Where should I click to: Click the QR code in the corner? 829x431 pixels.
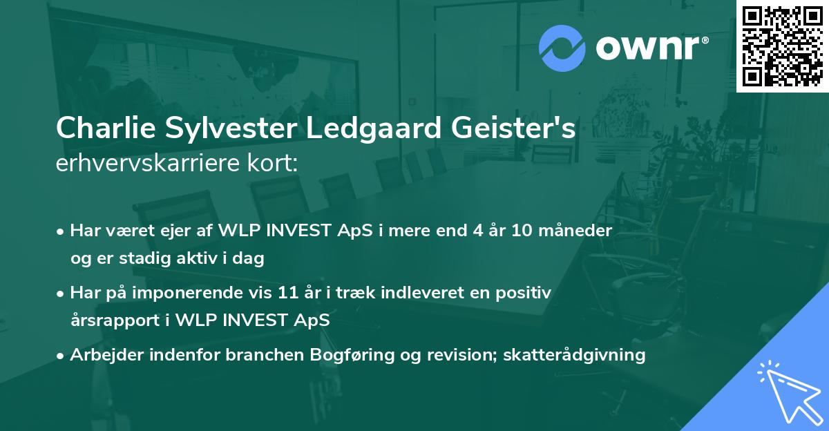(782, 46)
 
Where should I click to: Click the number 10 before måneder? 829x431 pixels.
(523, 231)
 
